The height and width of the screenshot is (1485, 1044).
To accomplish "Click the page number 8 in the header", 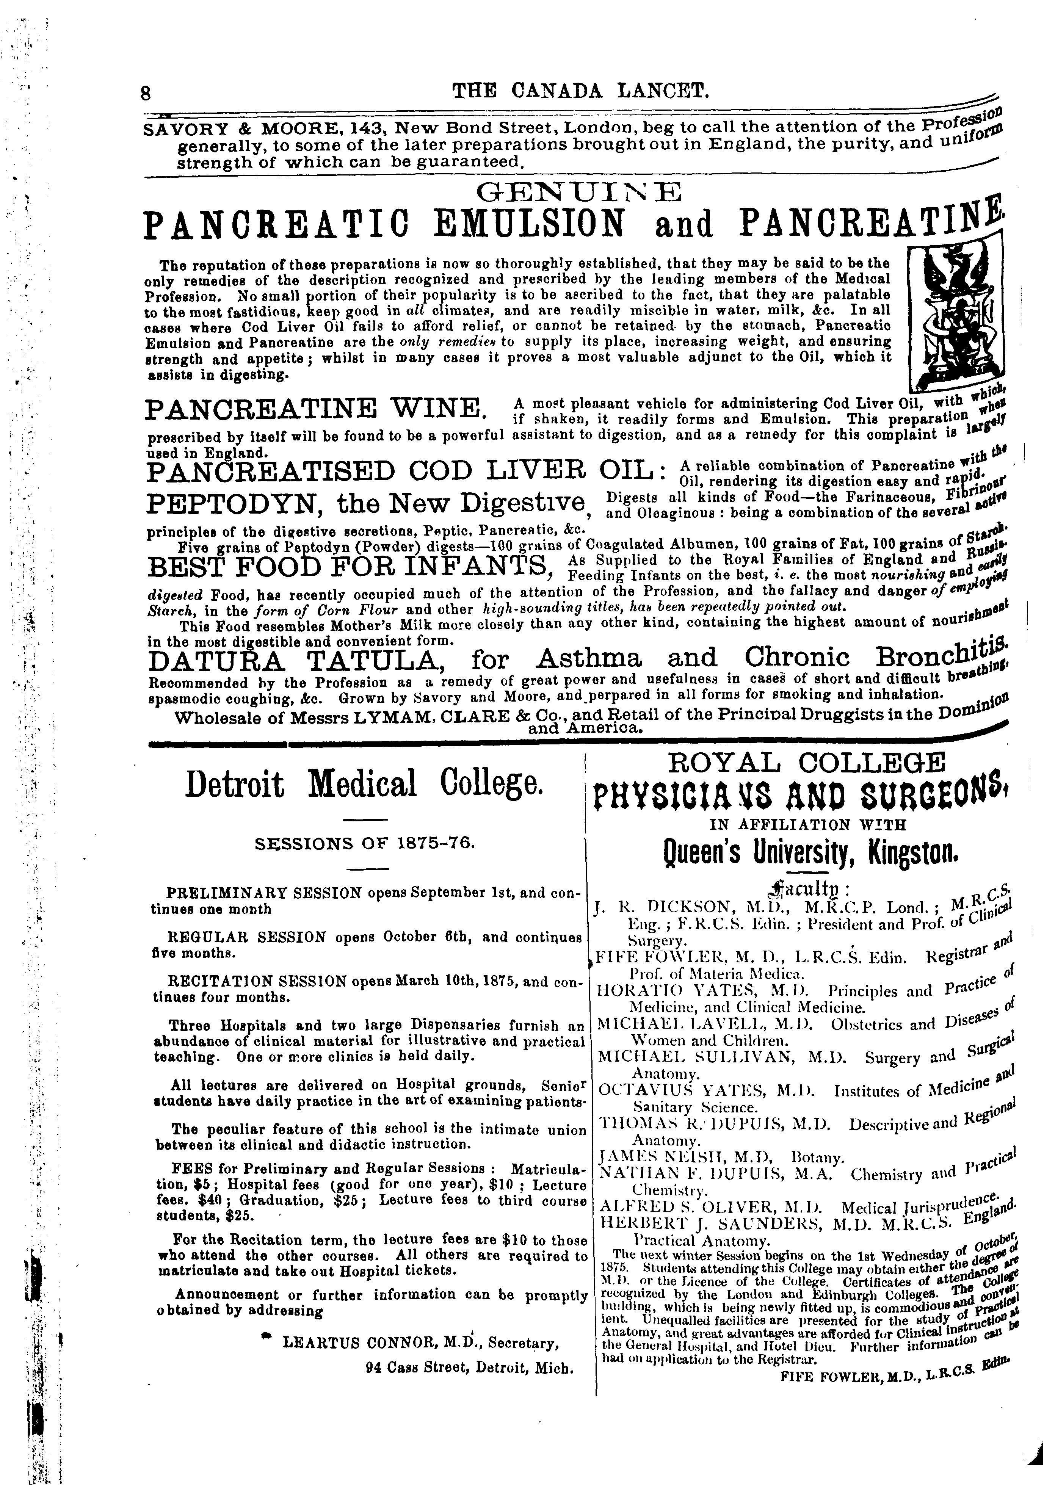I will pyautogui.click(x=146, y=92).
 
